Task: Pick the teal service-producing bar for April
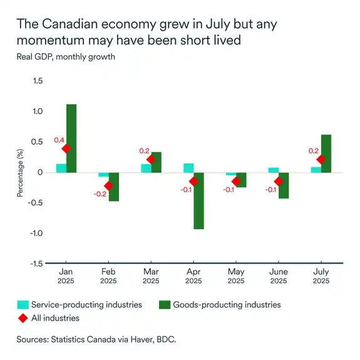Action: point(188,168)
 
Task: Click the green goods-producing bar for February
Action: point(114,187)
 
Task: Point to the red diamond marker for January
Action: point(66,148)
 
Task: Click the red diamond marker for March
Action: point(151,160)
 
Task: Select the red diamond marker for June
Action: point(279,181)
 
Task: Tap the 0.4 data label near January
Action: point(59,140)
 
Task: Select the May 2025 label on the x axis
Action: point(236,277)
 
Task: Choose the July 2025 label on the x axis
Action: point(321,277)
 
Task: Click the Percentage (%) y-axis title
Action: point(21,173)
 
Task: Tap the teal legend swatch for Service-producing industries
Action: point(24,305)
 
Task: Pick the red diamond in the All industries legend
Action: point(24,318)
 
